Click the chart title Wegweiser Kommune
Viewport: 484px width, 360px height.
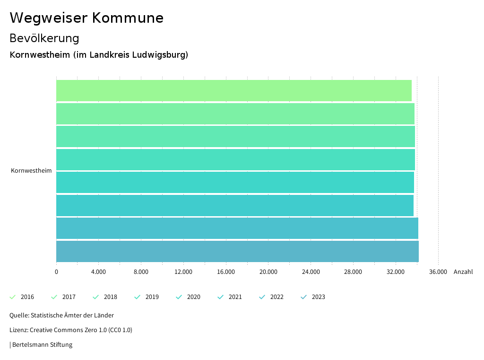pyautogui.click(x=86, y=18)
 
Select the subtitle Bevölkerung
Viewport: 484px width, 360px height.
pyautogui.click(x=44, y=38)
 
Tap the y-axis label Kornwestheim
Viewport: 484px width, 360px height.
pyautogui.click(x=31, y=171)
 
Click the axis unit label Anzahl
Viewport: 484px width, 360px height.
pyautogui.click(x=463, y=272)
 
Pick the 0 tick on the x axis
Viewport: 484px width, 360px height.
pyautogui.click(x=56, y=272)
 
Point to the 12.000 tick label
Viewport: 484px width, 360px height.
pyautogui.click(x=183, y=272)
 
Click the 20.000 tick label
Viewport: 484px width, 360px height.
pyautogui.click(x=268, y=272)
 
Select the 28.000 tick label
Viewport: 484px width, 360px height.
pyautogui.click(x=353, y=272)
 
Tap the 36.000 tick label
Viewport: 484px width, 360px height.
pyautogui.click(x=438, y=272)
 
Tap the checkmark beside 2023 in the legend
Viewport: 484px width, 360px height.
pyautogui.click(x=304, y=297)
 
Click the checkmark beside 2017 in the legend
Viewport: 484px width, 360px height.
pyautogui.click(x=54, y=297)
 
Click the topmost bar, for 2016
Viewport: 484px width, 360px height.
pyautogui.click(x=234, y=90)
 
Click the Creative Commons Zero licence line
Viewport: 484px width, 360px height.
pyautogui.click(x=71, y=330)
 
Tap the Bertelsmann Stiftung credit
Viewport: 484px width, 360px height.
pyautogui.click(x=42, y=344)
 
